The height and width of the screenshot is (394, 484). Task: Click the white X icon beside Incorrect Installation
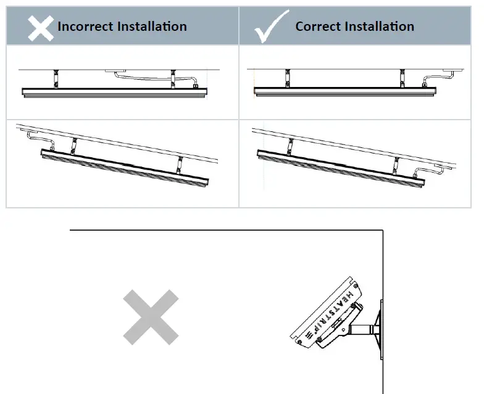coord(40,27)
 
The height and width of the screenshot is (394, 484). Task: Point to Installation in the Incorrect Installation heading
coord(154,26)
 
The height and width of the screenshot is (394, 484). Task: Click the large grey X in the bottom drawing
coord(151,317)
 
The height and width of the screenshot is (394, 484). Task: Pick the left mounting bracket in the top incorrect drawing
coord(54,79)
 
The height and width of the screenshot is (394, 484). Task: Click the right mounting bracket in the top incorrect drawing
coord(172,79)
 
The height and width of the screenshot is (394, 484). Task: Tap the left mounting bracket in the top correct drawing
coord(286,78)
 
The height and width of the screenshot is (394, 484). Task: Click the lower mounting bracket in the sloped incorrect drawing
coord(180,165)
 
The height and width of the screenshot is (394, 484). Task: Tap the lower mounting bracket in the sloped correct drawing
coord(396,165)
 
